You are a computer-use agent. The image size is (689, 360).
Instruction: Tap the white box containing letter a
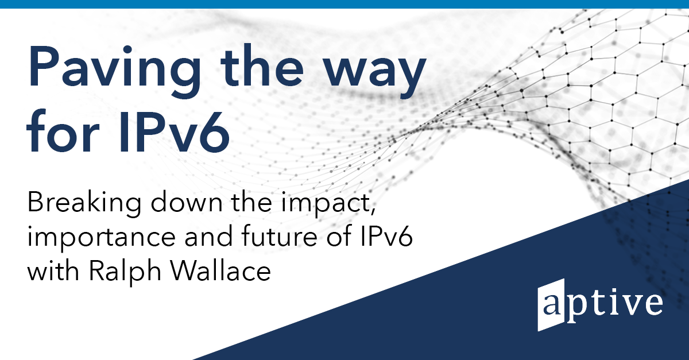coord(550,307)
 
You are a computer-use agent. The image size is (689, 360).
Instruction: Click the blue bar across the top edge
coord(344,4)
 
